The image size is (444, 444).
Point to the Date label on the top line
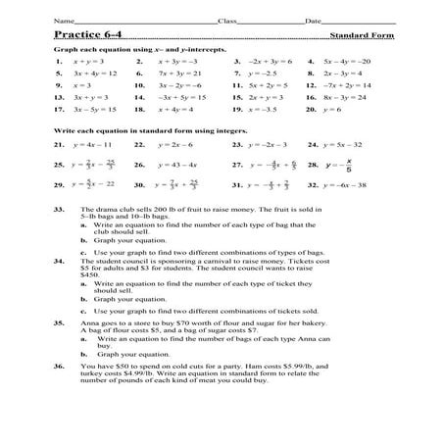click(313, 20)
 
